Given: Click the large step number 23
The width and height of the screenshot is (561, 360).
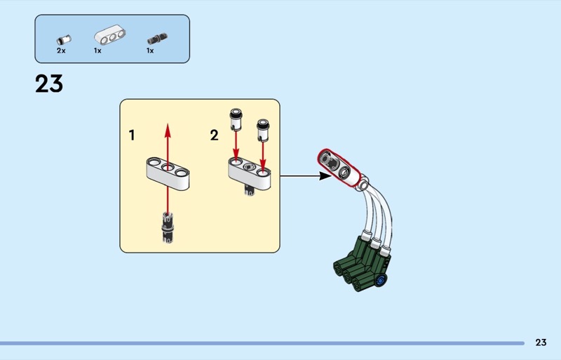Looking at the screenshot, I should (49, 84).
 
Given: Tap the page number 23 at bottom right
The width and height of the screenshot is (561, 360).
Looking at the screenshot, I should (540, 342).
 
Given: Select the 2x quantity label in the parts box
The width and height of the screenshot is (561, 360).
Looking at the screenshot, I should (61, 51).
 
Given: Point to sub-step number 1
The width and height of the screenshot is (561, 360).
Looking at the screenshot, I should (132, 135).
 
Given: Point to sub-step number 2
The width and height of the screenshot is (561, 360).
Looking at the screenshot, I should (214, 135).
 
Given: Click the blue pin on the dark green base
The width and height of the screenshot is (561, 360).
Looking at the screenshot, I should (381, 280).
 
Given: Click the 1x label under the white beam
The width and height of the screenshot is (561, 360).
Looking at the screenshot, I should (97, 51).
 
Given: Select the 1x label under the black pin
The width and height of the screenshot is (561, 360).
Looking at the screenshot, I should (150, 51).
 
